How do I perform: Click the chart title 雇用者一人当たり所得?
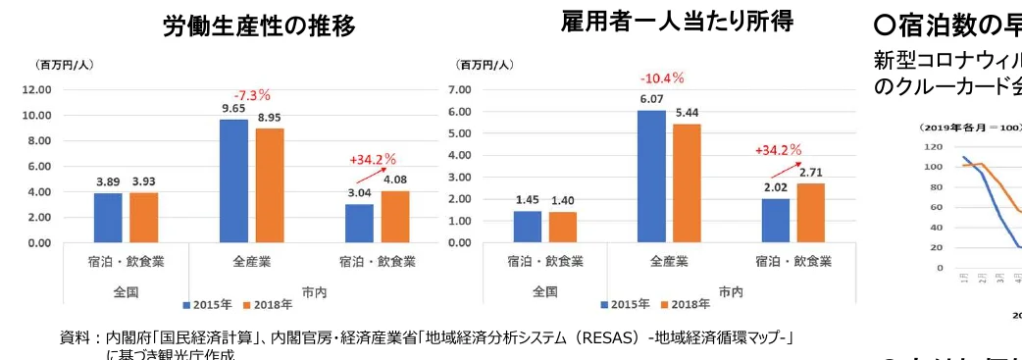[x=677, y=21]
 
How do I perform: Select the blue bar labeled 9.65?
[x=233, y=180]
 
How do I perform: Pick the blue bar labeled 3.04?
[x=359, y=223]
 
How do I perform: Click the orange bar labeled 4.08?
[x=394, y=217]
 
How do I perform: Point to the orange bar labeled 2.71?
[x=811, y=213]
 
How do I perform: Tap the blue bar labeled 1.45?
[x=527, y=227]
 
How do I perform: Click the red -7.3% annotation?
[x=251, y=95]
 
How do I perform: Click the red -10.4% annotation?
[x=662, y=77]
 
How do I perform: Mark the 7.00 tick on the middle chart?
[x=459, y=89]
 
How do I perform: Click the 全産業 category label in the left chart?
[x=252, y=262]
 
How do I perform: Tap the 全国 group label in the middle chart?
[x=545, y=291]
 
